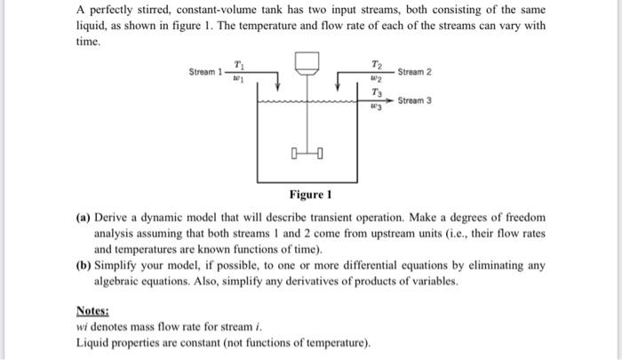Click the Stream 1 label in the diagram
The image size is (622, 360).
coord(204,71)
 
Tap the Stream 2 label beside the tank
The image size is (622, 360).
coord(415,71)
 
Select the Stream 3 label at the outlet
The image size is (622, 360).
coord(415,100)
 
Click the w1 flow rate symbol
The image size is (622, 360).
coord(237,78)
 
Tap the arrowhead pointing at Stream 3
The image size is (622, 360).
coord(392,100)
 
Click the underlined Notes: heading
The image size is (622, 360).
coord(92,311)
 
